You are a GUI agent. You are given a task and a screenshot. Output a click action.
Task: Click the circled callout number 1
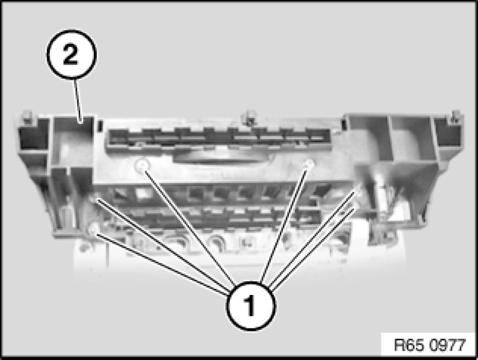coord(251,306)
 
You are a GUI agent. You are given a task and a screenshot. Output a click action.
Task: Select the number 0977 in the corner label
coord(448,345)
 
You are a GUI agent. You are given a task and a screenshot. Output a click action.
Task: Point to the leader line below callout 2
coord(77,101)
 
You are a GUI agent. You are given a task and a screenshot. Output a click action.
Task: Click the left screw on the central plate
coord(143,166)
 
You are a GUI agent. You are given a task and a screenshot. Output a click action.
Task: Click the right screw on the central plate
coord(309,164)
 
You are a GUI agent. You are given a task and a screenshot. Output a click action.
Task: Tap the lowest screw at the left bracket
coord(93,229)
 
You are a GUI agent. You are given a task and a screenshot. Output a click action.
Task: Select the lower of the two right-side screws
coord(355,206)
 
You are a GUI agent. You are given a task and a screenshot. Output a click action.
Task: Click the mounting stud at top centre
coord(249,117)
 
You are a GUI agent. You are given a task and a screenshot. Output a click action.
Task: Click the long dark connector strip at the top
coord(219,139)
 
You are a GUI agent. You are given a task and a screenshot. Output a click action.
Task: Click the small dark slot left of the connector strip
coord(99,125)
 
